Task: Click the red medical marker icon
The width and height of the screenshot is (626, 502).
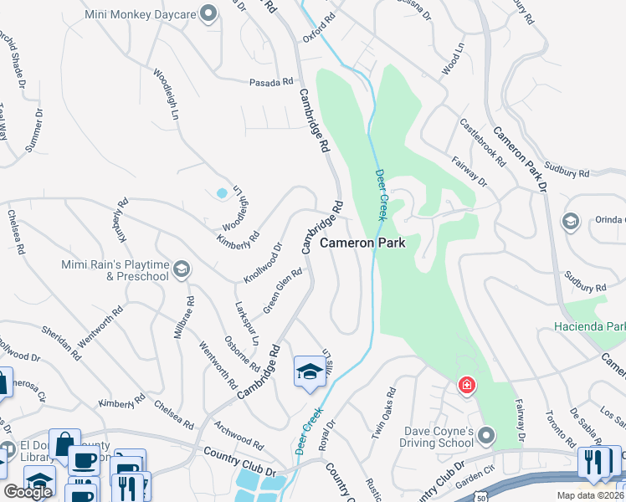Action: (x=465, y=386)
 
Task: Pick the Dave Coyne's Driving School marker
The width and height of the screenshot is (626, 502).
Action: (x=488, y=434)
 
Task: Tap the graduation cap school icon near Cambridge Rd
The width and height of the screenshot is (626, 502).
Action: (x=309, y=371)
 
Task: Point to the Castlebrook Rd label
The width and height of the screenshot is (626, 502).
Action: (x=484, y=141)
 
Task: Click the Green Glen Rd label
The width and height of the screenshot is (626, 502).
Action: (x=282, y=291)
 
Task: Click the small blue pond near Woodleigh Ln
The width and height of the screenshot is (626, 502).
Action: (x=222, y=193)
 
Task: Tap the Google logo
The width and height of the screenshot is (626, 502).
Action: (x=28, y=492)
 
